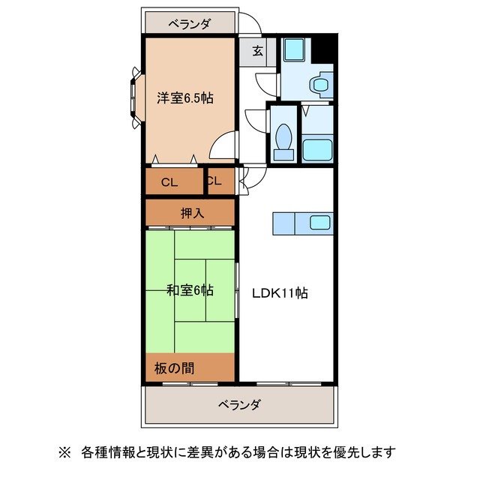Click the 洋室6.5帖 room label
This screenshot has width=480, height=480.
coord(184,97)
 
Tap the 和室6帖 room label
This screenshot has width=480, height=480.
coord(190,289)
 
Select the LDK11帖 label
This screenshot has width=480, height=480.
coord(279,293)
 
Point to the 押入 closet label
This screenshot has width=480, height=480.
coord(191,213)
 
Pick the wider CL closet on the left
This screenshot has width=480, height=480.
coord(169,181)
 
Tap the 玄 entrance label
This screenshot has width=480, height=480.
coord(257,51)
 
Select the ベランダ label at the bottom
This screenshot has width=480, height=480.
coord(240,405)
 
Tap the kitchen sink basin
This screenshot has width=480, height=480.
coord(320,222)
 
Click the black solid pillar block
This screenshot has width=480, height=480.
coord(323,49)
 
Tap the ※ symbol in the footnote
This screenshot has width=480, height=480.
coord(64,452)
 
